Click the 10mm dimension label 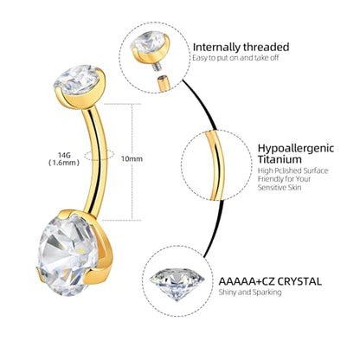coord(132,158)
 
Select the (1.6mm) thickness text coord(64,163)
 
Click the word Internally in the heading coord(216,47)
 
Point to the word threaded coord(266,47)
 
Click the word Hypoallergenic coord(296,148)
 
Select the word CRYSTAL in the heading coord(299,281)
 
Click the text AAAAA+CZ coord(246,281)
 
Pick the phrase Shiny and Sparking coord(250,292)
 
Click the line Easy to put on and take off coord(235,58)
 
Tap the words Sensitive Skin coord(280,188)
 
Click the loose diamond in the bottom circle coord(177,284)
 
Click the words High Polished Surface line coord(293,170)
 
